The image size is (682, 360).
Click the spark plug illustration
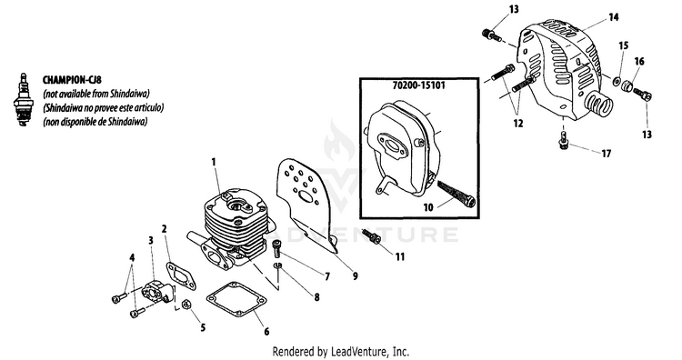pyautogui.click(x=22, y=100)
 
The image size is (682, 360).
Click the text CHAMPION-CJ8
pyautogui.click(x=72, y=80)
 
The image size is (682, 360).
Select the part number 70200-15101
pyautogui.click(x=419, y=85)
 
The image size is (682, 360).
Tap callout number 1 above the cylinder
pyautogui.click(x=214, y=162)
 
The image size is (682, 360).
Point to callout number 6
pyautogui.click(x=266, y=332)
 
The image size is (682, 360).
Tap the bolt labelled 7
pyautogui.click(x=277, y=248)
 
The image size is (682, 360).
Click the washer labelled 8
pyautogui.click(x=278, y=265)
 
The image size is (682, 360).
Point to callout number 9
pyautogui.click(x=356, y=275)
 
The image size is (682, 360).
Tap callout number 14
pyautogui.click(x=613, y=17)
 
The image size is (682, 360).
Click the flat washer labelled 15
pyautogui.click(x=616, y=81)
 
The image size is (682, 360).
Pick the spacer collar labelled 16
pyautogui.click(x=627, y=87)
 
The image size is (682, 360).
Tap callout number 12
pyautogui.click(x=518, y=124)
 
